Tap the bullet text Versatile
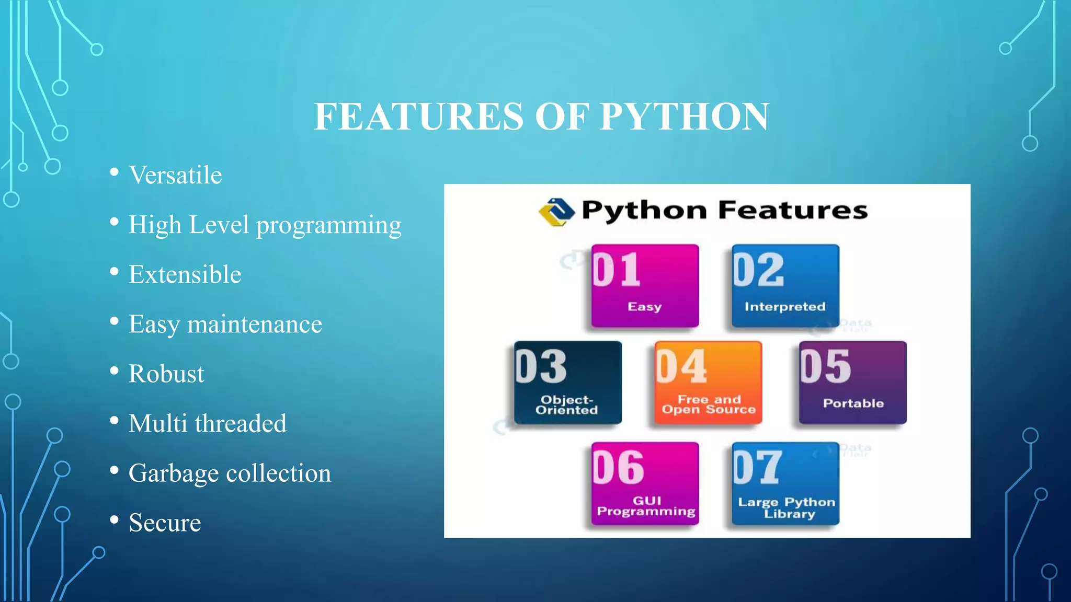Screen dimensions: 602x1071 coord(175,175)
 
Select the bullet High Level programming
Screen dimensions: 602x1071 coord(265,225)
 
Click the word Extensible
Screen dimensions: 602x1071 coord(185,274)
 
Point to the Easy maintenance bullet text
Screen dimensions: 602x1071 coord(225,324)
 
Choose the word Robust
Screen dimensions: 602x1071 coord(166,374)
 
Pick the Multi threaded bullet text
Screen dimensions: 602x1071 coord(207,423)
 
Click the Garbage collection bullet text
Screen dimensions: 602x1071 coord(230,473)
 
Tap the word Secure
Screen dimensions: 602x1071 coord(165,523)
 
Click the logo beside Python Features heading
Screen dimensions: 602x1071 coord(556,212)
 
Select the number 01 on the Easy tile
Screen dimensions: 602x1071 coord(617,270)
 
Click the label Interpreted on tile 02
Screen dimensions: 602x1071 coord(785,307)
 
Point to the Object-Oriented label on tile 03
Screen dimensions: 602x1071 coord(566,405)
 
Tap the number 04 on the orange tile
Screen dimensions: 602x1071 coord(681,367)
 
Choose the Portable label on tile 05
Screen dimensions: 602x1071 coord(853,403)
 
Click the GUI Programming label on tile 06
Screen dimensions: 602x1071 coord(646,506)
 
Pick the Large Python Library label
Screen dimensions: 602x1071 coord(787,507)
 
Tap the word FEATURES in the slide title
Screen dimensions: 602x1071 coord(418,116)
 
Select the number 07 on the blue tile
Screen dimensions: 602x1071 coord(757,467)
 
